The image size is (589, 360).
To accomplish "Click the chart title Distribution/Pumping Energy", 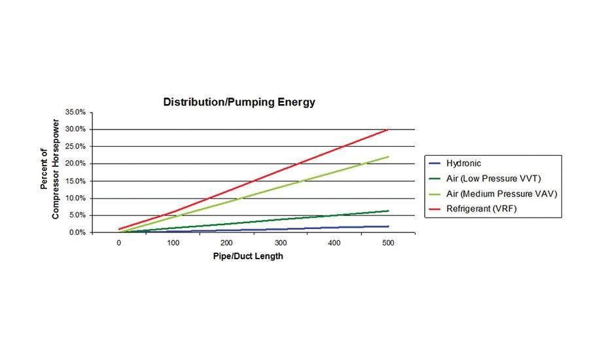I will (239, 102).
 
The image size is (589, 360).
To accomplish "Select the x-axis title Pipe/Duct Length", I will (248, 257).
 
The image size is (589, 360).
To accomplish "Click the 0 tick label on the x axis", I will (118, 243).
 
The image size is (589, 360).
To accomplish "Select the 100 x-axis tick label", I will (173, 243).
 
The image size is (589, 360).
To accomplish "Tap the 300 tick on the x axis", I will (280, 243).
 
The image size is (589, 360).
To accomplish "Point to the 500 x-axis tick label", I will (388, 243).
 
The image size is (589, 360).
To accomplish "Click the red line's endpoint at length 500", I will (388, 130).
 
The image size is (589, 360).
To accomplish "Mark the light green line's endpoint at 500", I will (388, 157).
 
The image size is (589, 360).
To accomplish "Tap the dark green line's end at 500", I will (388, 211).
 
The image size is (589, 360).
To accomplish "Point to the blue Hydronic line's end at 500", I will (388, 226).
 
